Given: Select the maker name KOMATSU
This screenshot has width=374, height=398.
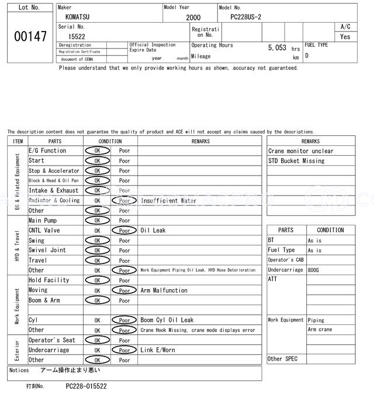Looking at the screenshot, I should point(78,18).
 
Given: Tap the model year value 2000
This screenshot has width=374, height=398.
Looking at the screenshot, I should point(193,18).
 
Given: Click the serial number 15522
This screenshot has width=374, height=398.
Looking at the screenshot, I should point(77,36).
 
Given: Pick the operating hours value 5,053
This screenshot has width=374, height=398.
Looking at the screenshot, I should point(277,48).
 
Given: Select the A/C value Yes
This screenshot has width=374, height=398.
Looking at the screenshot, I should point(345,36).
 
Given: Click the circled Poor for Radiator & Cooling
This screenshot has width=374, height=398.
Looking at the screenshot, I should point(124,200).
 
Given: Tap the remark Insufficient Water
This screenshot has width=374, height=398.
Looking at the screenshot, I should point(168,200).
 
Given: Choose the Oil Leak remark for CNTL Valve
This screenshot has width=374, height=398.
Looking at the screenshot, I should point(153,231).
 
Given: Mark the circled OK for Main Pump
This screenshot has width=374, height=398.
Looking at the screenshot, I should point(98,221).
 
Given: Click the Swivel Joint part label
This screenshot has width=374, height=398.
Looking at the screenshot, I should point(47,250).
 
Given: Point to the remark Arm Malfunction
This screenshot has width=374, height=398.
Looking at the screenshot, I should point(164,290).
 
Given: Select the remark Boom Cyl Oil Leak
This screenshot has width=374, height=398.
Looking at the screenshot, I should point(167,320).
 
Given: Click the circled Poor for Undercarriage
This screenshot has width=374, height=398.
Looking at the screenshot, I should point(124,350).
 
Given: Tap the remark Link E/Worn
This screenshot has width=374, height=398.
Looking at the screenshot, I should point(158,350).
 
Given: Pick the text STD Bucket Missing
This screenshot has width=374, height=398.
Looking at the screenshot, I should point(296,160).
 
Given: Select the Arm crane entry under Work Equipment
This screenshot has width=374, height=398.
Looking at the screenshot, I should point(320,330).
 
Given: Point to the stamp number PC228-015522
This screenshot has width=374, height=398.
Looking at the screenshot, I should point(86,386).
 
